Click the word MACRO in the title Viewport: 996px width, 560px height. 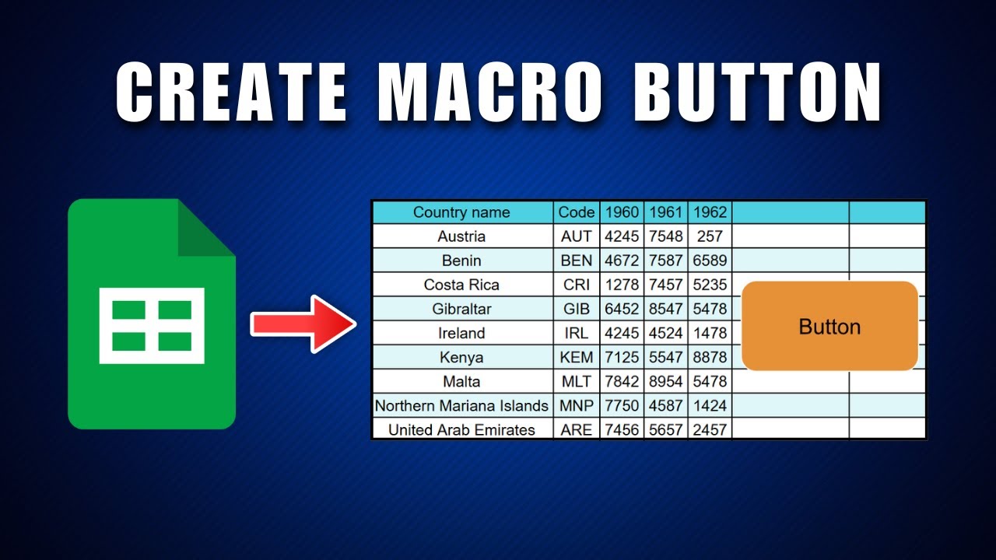coord(490,93)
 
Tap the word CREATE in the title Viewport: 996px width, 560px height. coord(231,93)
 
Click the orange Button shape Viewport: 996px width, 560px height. coord(829,326)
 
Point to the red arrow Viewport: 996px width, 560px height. coord(303,324)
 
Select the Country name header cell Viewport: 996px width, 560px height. coord(461,212)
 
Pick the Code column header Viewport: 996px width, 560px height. coord(577,212)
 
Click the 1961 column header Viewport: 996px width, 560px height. coord(665,212)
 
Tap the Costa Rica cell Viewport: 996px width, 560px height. coord(461,285)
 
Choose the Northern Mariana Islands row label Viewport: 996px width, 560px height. coord(461,405)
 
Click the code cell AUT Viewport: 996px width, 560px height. coord(577,236)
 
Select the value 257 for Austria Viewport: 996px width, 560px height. coord(710,236)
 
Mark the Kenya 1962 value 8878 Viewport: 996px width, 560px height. coord(710,357)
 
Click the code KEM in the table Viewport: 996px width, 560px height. coord(577,357)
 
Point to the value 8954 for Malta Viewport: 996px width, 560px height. coord(665,381)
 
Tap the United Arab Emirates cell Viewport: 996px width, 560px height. coord(461,429)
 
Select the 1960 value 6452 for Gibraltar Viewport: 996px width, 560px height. coord(622,309)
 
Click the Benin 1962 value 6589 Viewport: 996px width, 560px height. coord(710,261)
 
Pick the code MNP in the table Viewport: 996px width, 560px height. coord(577,405)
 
